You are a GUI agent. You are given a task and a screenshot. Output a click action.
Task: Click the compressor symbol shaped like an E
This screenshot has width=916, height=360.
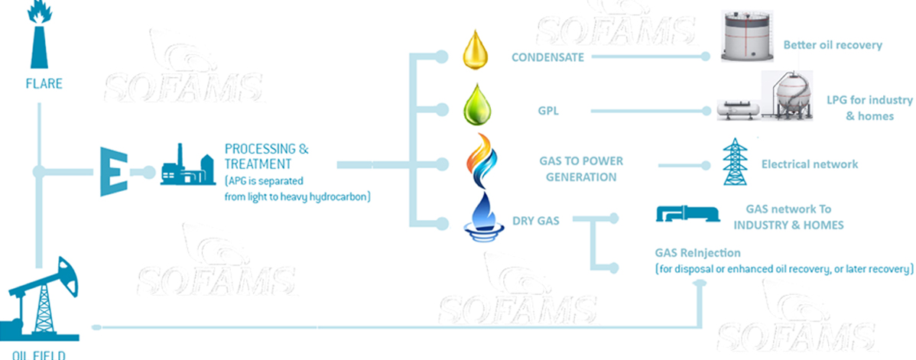click(112, 173)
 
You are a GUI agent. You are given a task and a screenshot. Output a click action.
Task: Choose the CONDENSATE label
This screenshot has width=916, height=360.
click(547, 57)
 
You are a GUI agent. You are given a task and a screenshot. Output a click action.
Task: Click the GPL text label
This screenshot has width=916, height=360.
click(547, 112)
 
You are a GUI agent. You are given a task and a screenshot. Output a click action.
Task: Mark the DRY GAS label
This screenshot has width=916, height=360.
click(536, 222)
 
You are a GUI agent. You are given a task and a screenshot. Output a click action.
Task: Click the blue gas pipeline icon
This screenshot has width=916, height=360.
click(688, 215)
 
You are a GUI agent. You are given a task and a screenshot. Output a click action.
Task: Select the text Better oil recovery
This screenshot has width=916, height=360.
click(832, 45)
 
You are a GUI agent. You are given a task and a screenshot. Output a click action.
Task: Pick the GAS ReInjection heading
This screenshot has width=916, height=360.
click(698, 253)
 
